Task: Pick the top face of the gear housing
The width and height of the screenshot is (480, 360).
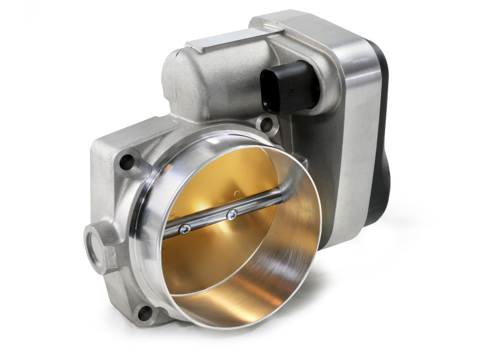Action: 300,27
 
